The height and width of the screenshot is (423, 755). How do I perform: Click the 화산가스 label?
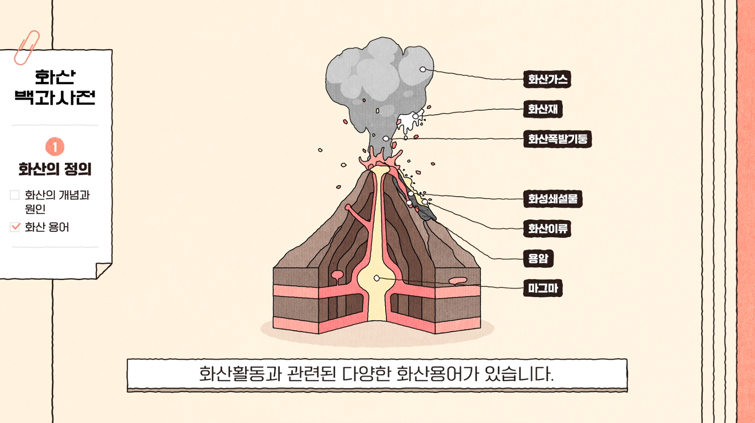[547, 79]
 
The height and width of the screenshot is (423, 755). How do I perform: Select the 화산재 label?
[542, 109]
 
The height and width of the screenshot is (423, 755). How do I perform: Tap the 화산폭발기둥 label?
[557, 139]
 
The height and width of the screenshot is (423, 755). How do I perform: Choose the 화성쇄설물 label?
[552, 199]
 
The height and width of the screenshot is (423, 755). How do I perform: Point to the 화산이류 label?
[547, 229]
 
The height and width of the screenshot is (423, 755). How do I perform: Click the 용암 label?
[538, 259]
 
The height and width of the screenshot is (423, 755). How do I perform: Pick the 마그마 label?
[542, 289]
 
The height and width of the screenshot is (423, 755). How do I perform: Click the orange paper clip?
[27, 48]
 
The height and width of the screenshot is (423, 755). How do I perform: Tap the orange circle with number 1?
[55, 147]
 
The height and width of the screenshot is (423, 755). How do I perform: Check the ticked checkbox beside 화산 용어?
[15, 227]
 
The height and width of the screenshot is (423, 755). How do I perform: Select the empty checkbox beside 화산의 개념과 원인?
[15, 195]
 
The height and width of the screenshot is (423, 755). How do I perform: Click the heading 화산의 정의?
[55, 169]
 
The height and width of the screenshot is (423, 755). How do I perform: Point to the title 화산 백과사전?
[55, 87]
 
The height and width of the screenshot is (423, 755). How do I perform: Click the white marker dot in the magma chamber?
[377, 278]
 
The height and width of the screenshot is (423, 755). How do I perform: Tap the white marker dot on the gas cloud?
[423, 69]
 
